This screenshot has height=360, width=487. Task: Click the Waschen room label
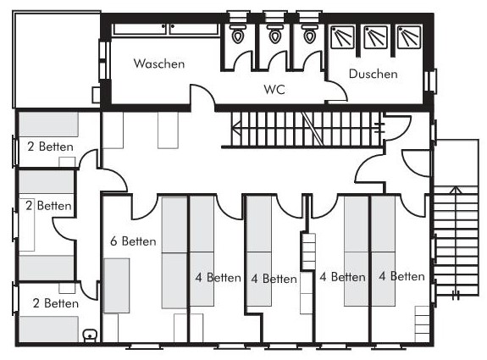pyautogui.click(x=159, y=64)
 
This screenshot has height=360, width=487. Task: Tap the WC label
pyautogui.click(x=274, y=90)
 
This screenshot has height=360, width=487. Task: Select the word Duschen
pyautogui.click(x=373, y=74)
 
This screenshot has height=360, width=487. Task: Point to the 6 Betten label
pyautogui.click(x=133, y=241)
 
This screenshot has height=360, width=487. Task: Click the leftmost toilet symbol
pyautogui.click(x=237, y=34)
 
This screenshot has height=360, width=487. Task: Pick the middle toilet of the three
pyautogui.click(x=275, y=34)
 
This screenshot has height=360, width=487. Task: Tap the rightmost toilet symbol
pyautogui.click(x=310, y=34)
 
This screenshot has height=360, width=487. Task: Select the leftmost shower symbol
pyautogui.click(x=342, y=37)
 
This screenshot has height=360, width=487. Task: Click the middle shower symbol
pyautogui.click(x=375, y=37)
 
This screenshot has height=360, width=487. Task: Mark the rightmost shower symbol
pyautogui.click(x=409, y=37)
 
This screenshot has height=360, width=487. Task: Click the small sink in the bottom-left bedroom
pyautogui.click(x=90, y=335)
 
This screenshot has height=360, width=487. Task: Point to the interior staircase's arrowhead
pyautogui.click(x=236, y=127)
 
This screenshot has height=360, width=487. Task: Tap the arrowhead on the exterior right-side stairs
pyautogui.click(x=456, y=190)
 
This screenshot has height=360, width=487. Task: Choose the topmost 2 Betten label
pyautogui.click(x=50, y=147)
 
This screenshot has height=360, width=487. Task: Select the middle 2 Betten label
pyautogui.click(x=48, y=206)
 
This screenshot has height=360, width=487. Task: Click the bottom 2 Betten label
pyautogui.click(x=56, y=303)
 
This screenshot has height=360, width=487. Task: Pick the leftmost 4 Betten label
pyautogui.click(x=218, y=277)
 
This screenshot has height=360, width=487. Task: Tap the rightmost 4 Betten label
pyautogui.click(x=401, y=276)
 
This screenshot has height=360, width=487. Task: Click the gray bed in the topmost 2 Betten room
pyautogui.click(x=48, y=124)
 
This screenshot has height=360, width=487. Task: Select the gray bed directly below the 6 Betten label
pyautogui.click(x=117, y=285)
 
